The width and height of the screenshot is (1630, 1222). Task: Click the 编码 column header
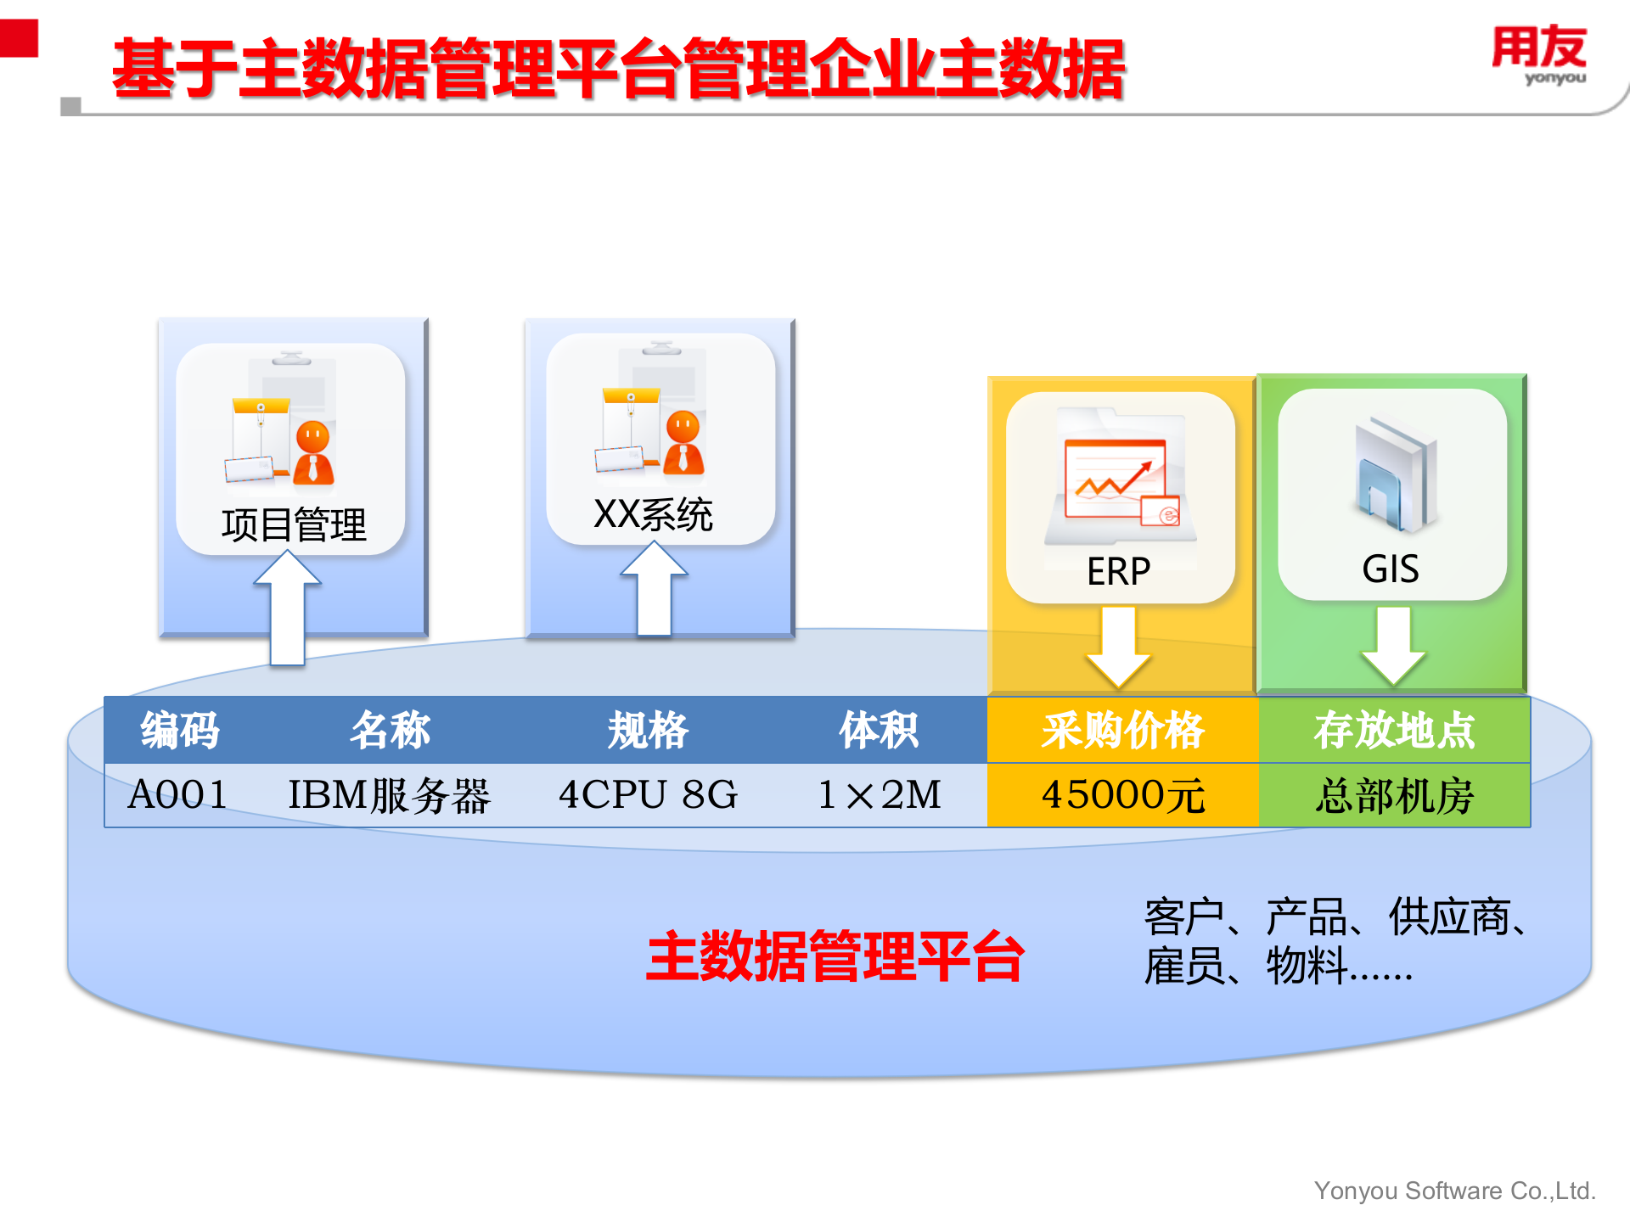(x=180, y=730)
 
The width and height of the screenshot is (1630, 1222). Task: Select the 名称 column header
(x=391, y=730)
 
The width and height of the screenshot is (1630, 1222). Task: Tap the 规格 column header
(x=648, y=730)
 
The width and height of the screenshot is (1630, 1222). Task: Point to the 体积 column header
(x=879, y=730)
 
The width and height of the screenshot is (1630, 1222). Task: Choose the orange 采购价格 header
(x=1122, y=730)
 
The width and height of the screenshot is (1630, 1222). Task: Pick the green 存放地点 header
(x=1394, y=730)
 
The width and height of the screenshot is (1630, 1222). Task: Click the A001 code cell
(x=178, y=795)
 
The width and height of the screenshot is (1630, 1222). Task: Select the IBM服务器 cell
(x=390, y=795)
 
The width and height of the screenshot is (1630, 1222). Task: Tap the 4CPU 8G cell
(x=648, y=795)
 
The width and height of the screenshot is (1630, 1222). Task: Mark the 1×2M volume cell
(x=879, y=795)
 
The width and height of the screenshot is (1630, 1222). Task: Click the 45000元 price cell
(x=1122, y=795)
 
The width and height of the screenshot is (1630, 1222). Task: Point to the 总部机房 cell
(x=1394, y=795)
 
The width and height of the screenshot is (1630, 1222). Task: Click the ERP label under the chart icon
(x=1119, y=571)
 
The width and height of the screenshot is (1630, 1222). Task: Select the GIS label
(x=1391, y=569)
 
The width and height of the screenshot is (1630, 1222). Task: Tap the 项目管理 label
(x=294, y=524)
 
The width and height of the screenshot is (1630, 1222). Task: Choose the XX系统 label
(x=653, y=514)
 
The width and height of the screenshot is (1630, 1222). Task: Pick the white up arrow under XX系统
(x=654, y=589)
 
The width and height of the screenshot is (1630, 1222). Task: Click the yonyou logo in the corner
(x=1539, y=55)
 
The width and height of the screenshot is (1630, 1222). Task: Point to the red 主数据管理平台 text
(x=835, y=956)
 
